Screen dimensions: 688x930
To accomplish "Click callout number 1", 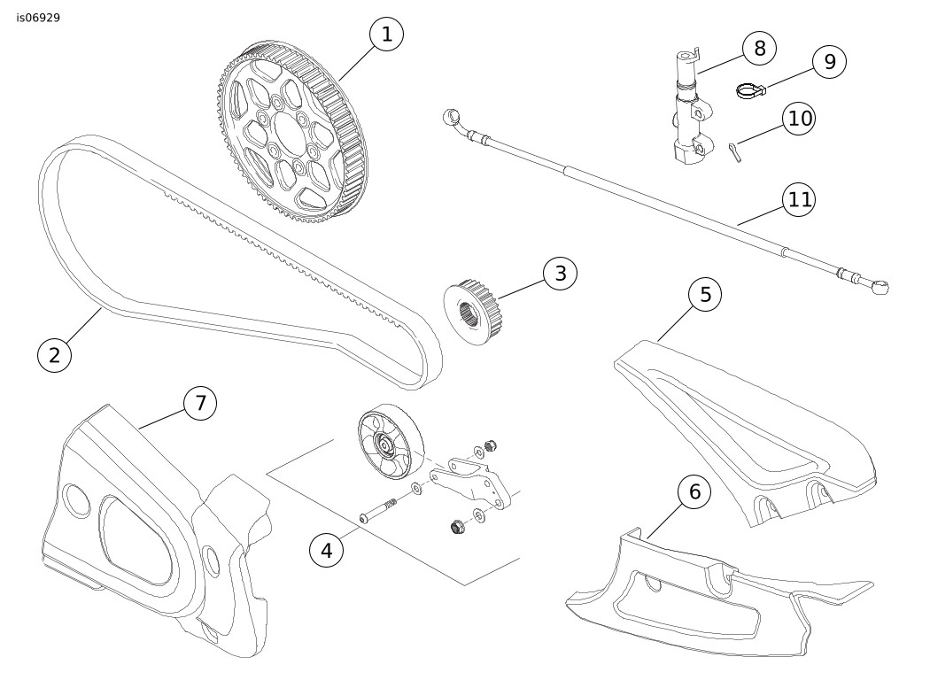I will [x=385, y=35].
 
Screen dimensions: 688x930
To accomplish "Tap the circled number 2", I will [x=54, y=355].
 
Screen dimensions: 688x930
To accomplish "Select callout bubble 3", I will [x=560, y=274].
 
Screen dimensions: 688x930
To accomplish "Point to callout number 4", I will [x=326, y=550].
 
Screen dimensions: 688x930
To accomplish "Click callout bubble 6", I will [x=694, y=491].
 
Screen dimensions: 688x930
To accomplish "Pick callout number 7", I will [x=200, y=403].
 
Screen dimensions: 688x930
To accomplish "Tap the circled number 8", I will [x=759, y=48].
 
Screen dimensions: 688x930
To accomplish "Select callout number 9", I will [x=829, y=61].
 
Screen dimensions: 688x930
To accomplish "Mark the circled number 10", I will [x=800, y=119].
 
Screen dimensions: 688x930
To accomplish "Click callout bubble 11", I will [x=800, y=200].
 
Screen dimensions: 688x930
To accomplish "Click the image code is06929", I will [x=38, y=17].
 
